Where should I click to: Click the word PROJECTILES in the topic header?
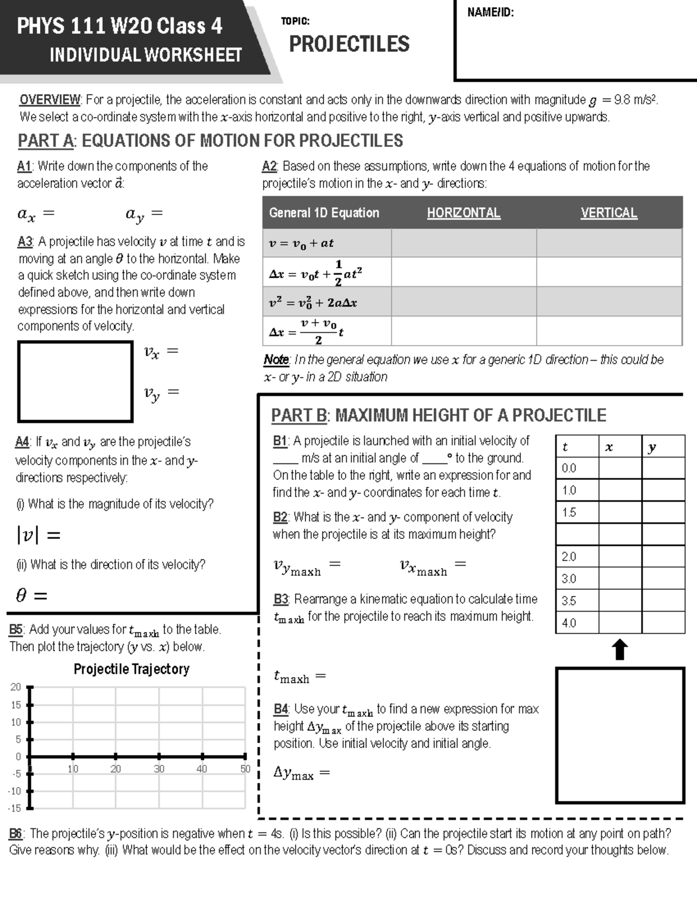(349, 44)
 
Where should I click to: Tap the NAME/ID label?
(490, 12)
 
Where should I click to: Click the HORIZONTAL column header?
(464, 213)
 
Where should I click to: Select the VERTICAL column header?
(609, 213)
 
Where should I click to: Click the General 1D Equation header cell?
(324, 213)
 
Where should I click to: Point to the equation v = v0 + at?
(301, 243)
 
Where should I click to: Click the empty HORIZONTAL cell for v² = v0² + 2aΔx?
(464, 301)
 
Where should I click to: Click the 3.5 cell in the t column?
(569, 601)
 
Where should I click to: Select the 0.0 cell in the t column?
(569, 468)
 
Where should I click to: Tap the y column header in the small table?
(652, 447)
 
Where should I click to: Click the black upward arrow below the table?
(620, 650)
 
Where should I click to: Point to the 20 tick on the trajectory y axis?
(16, 687)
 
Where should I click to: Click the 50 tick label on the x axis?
(245, 769)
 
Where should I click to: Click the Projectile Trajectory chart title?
(131, 669)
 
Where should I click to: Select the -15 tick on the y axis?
(15, 808)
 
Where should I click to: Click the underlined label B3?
(281, 599)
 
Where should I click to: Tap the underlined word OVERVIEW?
(51, 100)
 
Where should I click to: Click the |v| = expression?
(38, 535)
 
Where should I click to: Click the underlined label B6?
(16, 833)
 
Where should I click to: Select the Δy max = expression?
(301, 773)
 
